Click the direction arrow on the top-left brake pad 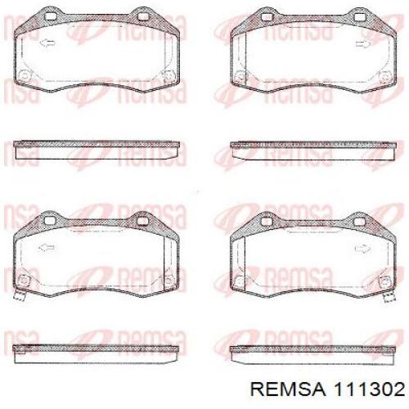click(x=48, y=43)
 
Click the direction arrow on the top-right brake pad click(x=363, y=43)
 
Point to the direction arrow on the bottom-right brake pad click(x=362, y=249)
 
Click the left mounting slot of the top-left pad click(x=50, y=16)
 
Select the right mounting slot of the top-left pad click(x=143, y=16)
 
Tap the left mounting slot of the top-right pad click(x=266, y=17)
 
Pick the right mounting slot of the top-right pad click(x=360, y=17)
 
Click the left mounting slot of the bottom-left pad click(x=49, y=221)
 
